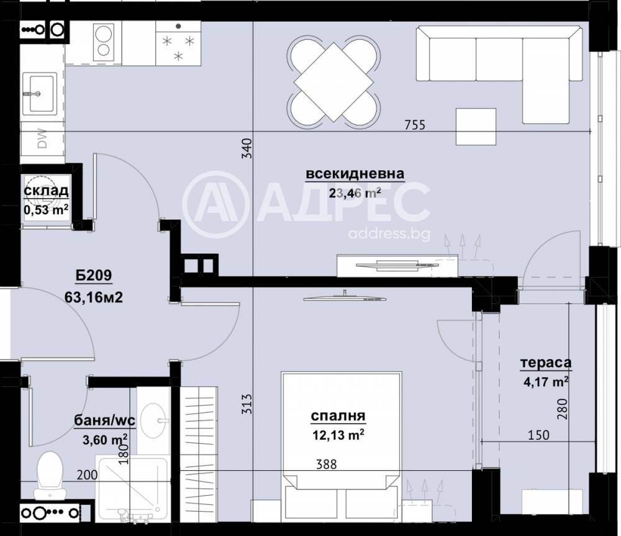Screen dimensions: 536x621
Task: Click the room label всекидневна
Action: (x=355, y=174)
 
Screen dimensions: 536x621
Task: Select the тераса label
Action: (x=546, y=363)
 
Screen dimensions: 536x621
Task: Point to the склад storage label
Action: (x=45, y=192)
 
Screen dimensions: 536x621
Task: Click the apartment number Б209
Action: (x=94, y=276)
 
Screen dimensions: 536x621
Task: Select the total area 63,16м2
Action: (x=93, y=297)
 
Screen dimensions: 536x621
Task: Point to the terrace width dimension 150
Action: (x=538, y=435)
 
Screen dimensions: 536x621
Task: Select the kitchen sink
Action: (x=40, y=93)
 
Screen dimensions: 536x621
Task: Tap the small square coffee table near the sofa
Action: (x=476, y=127)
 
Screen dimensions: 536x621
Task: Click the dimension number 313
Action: (x=247, y=405)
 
